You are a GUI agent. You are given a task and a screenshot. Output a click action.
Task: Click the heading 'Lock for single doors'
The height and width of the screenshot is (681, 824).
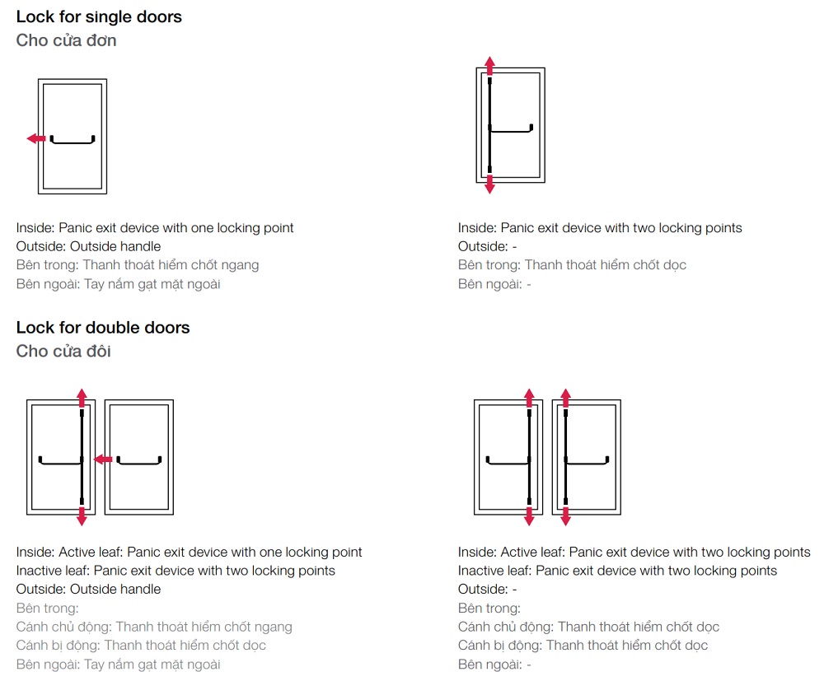(99, 16)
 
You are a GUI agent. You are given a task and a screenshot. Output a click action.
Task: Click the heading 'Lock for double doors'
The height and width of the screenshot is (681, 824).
(103, 328)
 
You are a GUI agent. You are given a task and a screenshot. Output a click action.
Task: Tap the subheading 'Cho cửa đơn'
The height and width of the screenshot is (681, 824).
(66, 40)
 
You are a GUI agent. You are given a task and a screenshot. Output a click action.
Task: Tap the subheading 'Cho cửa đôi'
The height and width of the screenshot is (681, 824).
(63, 351)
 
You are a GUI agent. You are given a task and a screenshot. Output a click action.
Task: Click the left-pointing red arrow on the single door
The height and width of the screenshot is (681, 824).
(36, 138)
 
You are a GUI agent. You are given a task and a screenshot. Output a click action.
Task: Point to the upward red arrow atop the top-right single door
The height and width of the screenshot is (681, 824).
(489, 66)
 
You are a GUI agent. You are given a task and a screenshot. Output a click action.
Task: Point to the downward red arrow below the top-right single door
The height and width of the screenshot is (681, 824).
(489, 184)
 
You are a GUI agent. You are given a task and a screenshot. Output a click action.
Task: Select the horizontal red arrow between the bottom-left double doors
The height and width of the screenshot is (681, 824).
(103, 460)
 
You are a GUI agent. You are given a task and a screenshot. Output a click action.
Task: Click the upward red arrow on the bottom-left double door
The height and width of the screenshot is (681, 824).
(82, 399)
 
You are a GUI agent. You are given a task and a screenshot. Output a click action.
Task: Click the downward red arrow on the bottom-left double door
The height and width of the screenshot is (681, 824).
(82, 515)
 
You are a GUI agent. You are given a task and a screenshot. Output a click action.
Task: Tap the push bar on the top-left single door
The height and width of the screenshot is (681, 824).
(73, 139)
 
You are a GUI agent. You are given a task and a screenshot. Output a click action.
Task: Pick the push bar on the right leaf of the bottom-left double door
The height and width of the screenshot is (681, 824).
(139, 460)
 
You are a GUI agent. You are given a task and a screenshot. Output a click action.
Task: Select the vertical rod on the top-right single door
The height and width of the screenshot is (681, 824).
(489, 125)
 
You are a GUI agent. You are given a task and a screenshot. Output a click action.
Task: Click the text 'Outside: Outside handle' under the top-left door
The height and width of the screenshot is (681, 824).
(88, 246)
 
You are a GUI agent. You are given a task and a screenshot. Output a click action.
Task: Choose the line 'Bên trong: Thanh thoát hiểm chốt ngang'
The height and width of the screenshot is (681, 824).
(138, 265)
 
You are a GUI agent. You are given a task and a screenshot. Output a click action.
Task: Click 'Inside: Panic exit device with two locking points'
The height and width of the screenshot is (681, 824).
(600, 228)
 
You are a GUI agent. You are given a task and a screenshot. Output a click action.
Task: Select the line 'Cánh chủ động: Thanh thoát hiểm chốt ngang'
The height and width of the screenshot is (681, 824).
(154, 627)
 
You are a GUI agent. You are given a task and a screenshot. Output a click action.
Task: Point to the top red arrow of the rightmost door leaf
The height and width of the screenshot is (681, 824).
(565, 399)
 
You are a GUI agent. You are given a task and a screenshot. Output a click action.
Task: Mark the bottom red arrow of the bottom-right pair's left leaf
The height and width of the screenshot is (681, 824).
(529, 515)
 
